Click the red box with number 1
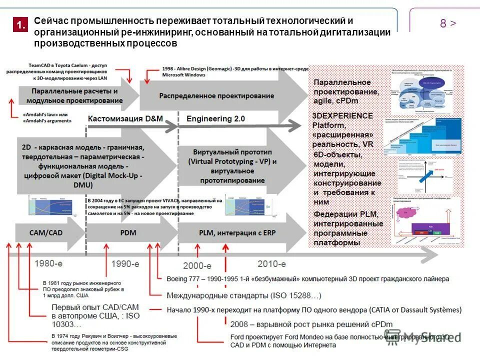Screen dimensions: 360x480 (x=19, y=25)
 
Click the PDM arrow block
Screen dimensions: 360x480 (x=128, y=233)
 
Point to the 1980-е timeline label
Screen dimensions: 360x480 (x=48, y=262)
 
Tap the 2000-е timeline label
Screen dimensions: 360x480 (x=197, y=265)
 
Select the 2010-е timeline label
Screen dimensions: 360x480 (x=271, y=263)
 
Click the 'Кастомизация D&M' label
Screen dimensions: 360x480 (x=125, y=119)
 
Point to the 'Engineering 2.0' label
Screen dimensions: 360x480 (x=215, y=119)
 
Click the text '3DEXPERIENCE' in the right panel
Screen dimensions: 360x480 (x=342, y=115)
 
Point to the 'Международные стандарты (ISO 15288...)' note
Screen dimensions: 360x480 (x=243, y=295)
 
